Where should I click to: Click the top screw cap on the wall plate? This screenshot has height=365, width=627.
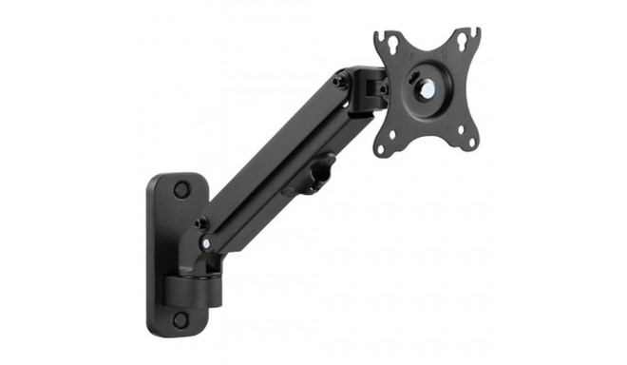pyautogui.click(x=181, y=190)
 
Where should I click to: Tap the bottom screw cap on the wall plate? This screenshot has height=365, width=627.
pyautogui.click(x=180, y=319)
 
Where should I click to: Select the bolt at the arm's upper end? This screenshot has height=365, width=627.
pyautogui.click(x=339, y=83)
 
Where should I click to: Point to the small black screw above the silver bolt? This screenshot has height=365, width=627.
pyautogui.click(x=201, y=224)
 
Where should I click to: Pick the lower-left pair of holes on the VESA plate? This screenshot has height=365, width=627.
pyautogui.click(x=389, y=143)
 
